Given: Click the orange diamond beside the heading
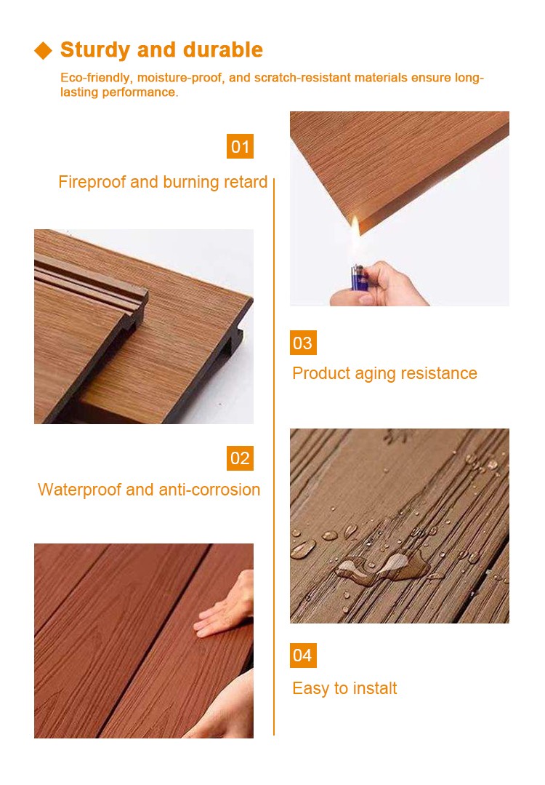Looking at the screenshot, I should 44,50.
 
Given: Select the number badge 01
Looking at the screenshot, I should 240,146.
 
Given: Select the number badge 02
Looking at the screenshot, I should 240,458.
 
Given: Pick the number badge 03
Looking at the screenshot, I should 303,343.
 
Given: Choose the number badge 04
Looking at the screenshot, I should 303,656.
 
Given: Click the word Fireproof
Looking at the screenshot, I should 92,182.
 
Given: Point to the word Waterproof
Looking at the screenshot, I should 78,490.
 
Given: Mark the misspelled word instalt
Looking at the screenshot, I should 374,688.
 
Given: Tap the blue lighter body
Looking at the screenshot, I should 358,277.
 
